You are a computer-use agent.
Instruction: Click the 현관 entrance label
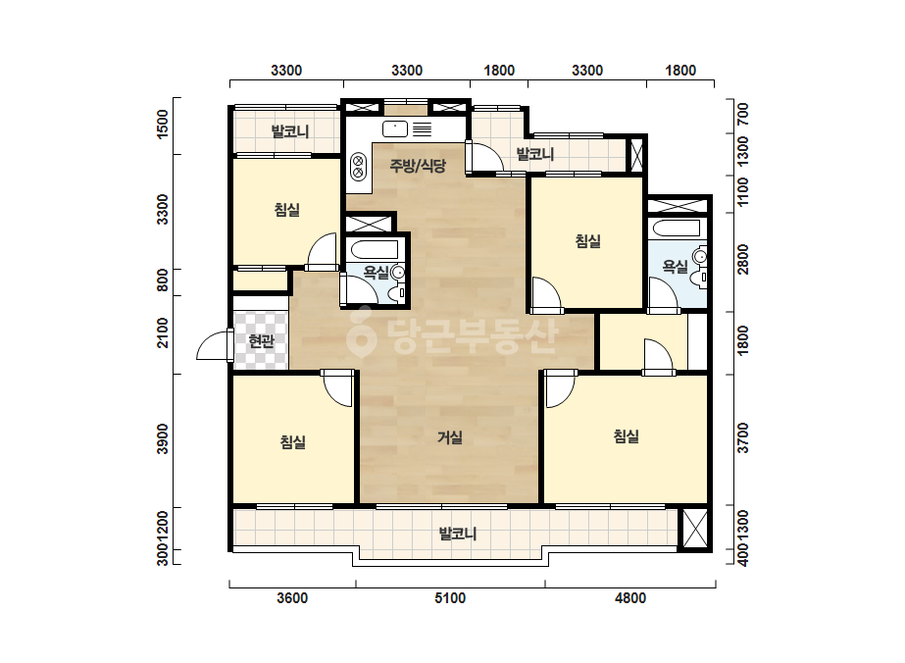[261, 342]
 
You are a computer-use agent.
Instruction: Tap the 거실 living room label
[450, 437]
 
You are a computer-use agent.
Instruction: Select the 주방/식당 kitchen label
[418, 167]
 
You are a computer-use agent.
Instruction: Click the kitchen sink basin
[395, 129]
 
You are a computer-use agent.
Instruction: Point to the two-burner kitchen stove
[358, 166]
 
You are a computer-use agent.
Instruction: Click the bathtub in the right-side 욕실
[675, 228]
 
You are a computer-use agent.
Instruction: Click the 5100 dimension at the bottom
[450, 598]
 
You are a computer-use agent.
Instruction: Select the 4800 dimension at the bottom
[630, 598]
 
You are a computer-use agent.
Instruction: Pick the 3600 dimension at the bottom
[292, 598]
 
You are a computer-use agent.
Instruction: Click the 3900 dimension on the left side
[164, 439]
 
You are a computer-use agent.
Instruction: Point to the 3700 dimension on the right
[743, 437]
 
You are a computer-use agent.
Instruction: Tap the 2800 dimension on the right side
[743, 259]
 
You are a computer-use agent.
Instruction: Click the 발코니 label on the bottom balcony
[458, 534]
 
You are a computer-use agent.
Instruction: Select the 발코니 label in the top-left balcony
[290, 131]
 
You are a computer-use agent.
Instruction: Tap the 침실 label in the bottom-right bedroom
[627, 436]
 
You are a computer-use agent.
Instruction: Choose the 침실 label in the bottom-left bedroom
[292, 442]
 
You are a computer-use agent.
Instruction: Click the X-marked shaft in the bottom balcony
[694, 529]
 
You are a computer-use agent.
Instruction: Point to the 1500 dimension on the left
[164, 124]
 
